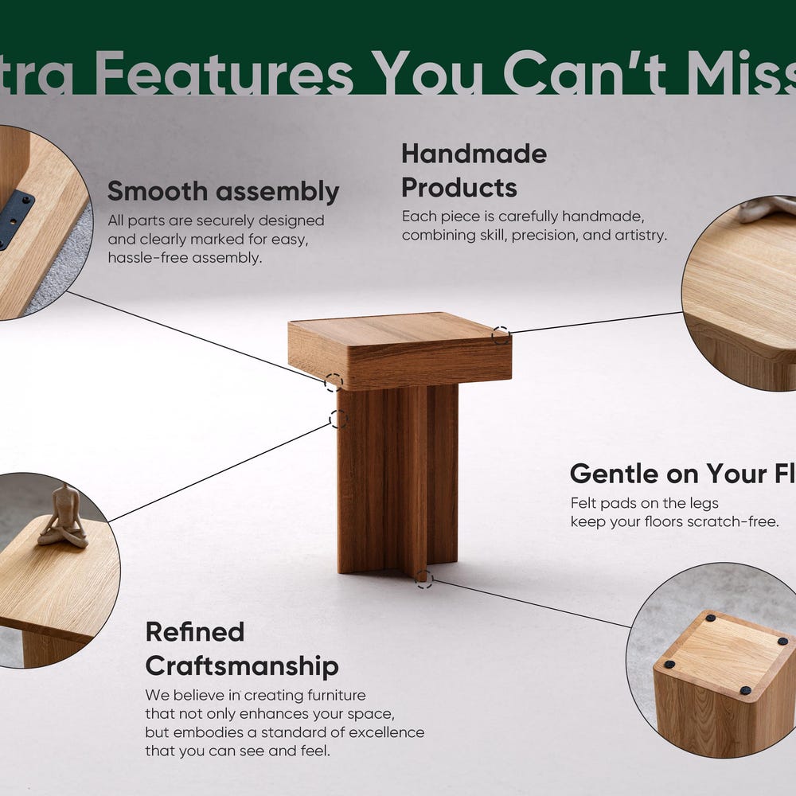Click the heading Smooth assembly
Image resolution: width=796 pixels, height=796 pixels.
click(x=223, y=192)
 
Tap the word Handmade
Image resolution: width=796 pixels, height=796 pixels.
click(x=474, y=154)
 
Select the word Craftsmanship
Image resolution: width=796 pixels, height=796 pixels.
click(x=241, y=666)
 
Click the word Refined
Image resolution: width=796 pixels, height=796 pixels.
click(x=194, y=632)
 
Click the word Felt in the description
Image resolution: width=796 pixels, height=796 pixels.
click(x=583, y=503)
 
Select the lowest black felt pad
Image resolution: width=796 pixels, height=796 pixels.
click(x=746, y=689)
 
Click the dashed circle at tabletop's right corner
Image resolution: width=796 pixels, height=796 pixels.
click(x=500, y=335)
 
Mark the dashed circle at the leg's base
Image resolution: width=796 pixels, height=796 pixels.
click(x=424, y=579)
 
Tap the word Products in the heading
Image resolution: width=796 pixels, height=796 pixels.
click(x=459, y=188)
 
